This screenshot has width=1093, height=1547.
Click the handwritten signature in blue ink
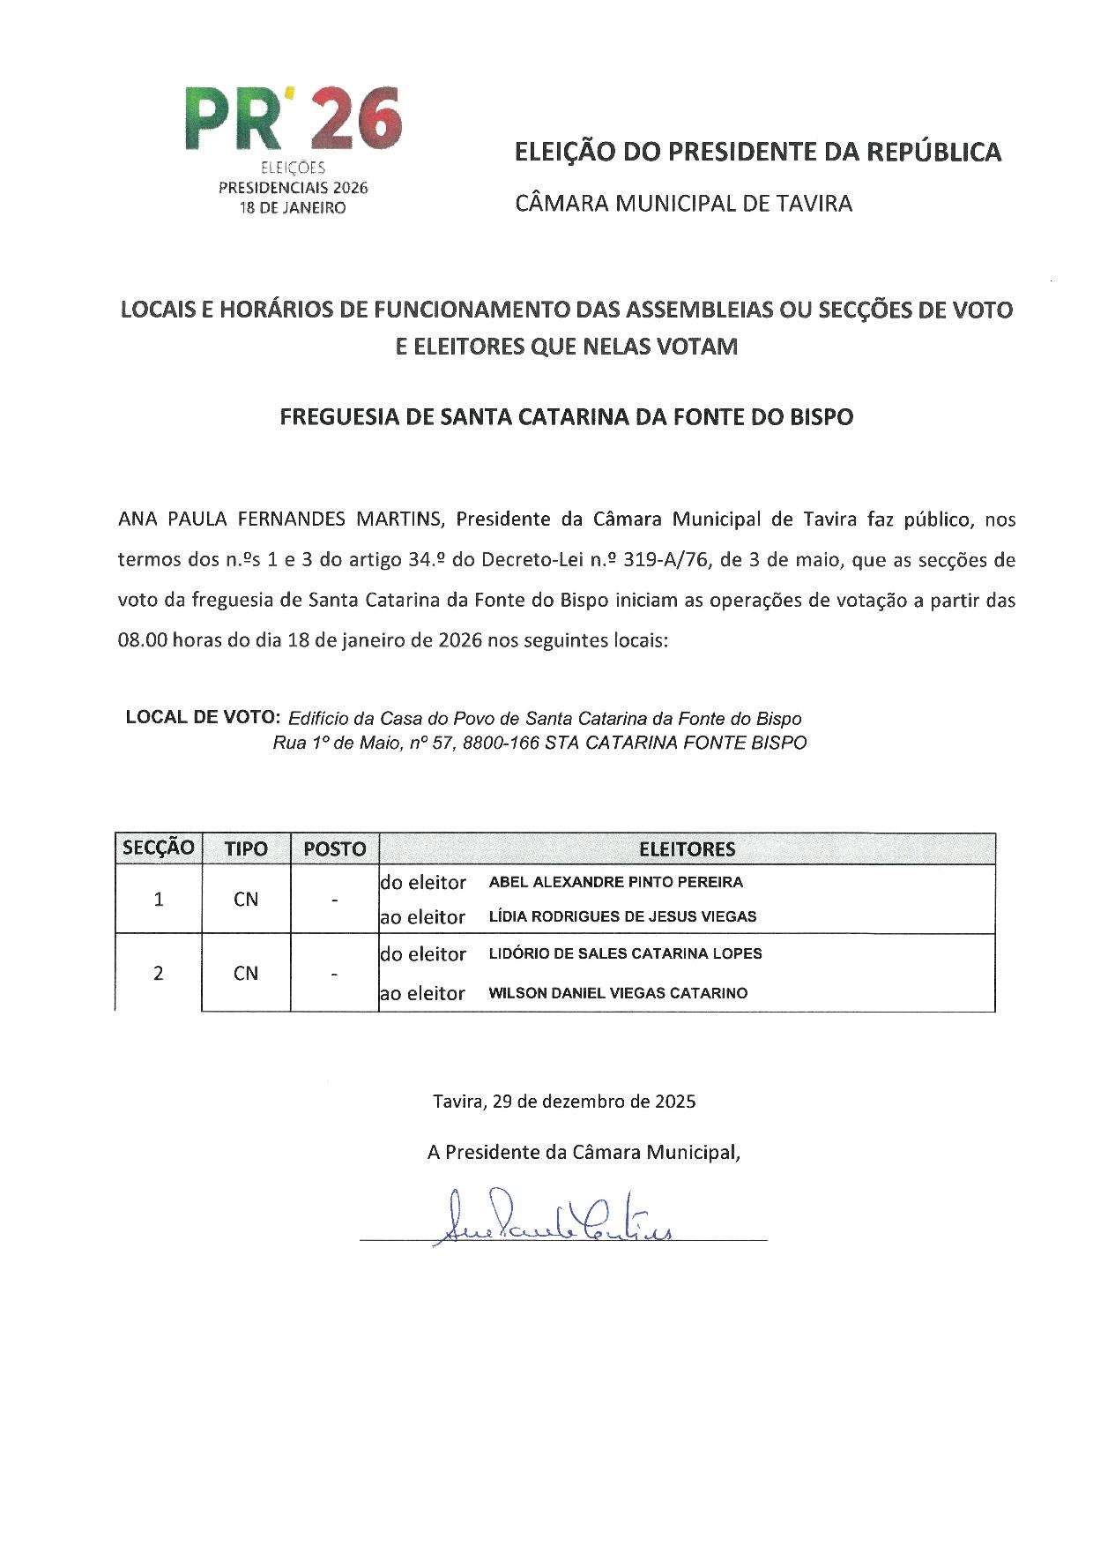552,1218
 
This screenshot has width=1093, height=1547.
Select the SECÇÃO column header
159,848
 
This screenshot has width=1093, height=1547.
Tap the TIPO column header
246,848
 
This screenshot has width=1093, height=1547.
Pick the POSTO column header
334,849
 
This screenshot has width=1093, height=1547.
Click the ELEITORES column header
687,849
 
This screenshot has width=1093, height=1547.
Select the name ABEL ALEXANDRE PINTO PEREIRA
615,882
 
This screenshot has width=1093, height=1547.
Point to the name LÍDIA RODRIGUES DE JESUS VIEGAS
622,916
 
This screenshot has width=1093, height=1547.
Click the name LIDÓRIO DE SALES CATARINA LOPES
625,953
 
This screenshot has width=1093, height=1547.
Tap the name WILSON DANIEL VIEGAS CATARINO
618,993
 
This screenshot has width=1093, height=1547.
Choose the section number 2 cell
159,974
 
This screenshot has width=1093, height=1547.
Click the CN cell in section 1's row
246,900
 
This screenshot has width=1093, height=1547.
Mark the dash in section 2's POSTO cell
334,975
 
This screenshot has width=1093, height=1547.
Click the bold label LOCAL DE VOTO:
203,716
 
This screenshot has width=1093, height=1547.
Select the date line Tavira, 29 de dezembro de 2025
564,1101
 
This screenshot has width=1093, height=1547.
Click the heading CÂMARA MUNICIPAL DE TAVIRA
683,204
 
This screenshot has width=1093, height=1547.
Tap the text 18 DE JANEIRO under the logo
293,208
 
